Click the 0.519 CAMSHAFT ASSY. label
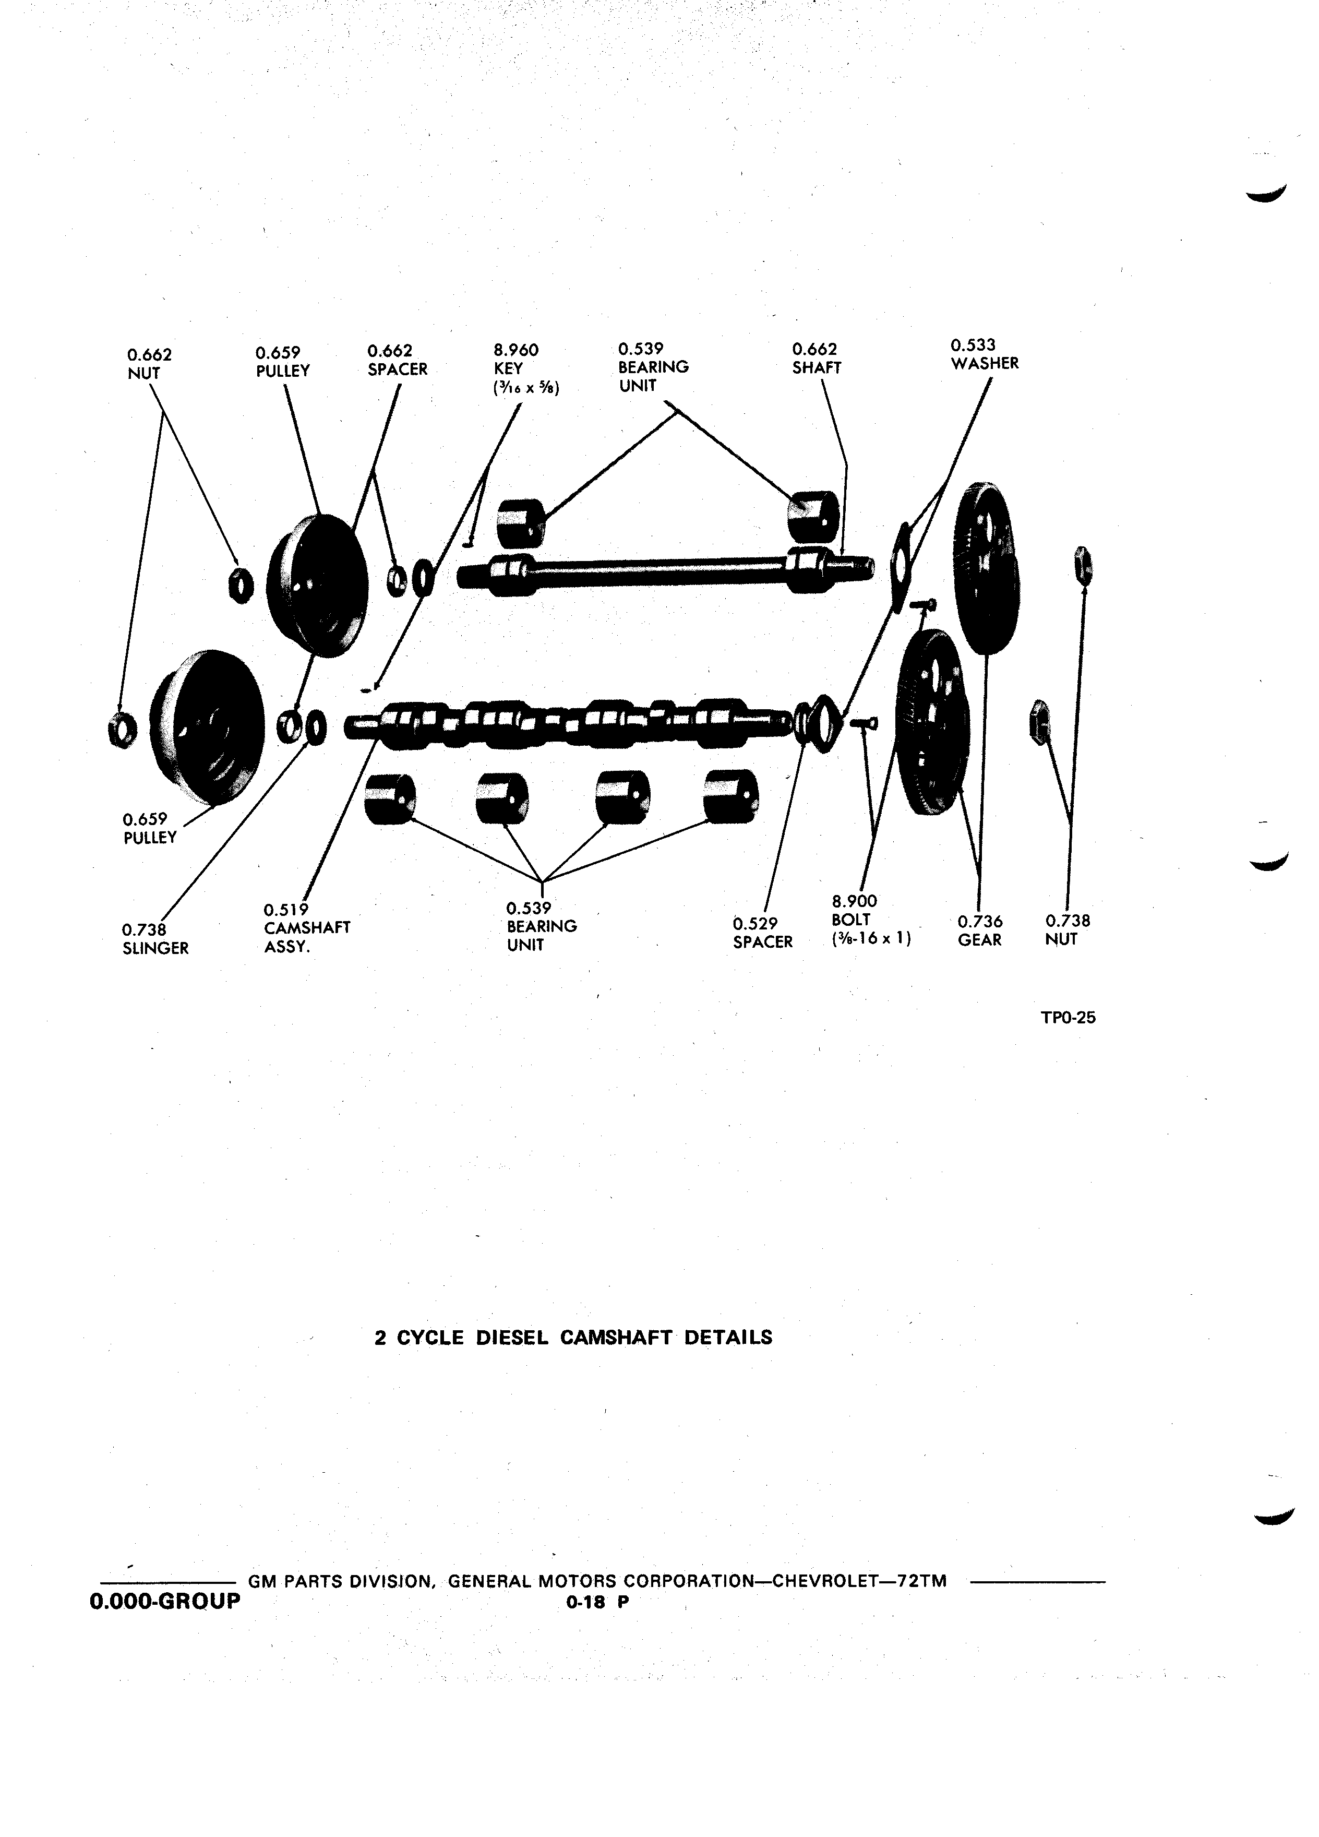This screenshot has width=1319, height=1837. coord(307,928)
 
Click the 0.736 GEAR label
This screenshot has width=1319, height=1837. coord(980,931)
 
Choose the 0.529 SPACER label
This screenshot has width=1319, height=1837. coord(763,932)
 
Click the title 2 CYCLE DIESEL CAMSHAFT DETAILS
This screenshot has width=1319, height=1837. coord(573,1337)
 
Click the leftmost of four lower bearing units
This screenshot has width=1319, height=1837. coord(390,798)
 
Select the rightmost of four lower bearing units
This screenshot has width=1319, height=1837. coord(730,795)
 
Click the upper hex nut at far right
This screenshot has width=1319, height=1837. coord(1083,565)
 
